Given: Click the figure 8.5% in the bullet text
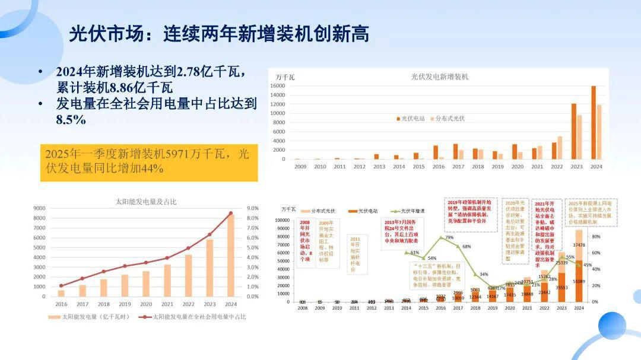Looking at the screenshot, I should point(71,120).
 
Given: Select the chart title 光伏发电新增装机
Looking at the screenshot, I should point(440,77).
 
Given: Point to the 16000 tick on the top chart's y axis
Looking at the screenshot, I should point(279,87).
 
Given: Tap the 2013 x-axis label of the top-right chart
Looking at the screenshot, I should point(379,167).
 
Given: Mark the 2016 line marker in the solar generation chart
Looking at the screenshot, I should point(61,286).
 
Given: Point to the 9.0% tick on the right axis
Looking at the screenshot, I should point(252,208).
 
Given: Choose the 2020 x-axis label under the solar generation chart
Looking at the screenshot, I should point(146,304).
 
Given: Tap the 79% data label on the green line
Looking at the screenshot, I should point(449,238).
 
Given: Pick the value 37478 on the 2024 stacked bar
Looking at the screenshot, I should point(579,246).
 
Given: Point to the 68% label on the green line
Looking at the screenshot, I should point(467,247).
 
